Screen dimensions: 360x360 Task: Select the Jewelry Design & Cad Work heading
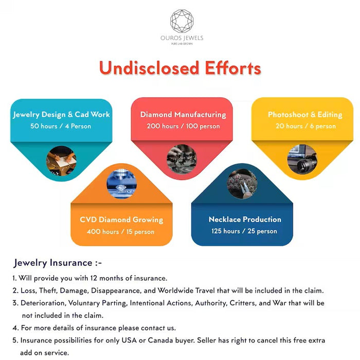click(x=62, y=114)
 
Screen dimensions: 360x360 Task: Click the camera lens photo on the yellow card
click(x=302, y=158)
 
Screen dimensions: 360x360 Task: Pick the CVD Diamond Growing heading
click(x=121, y=220)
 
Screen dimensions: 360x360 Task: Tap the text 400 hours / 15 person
click(x=121, y=231)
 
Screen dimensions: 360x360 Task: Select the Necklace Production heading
click(x=245, y=220)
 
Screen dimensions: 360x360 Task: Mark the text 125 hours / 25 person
click(x=244, y=231)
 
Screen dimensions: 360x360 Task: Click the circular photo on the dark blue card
click(x=242, y=184)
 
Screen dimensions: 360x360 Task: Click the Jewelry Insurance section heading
click(x=58, y=263)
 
